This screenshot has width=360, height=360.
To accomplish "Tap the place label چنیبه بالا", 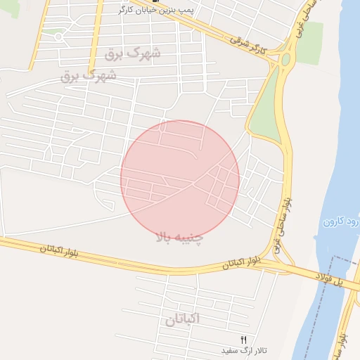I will [179, 238].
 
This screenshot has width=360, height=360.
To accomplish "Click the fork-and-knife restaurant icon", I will [244, 340].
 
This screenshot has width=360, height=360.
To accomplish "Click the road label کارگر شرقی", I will [250, 46].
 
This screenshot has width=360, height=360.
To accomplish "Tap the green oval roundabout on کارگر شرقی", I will [286, 60].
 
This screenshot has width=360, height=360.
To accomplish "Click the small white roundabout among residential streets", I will [58, 36].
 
